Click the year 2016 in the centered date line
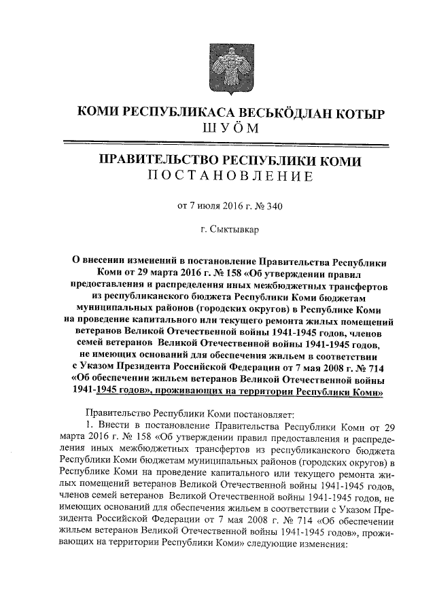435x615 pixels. (x=229, y=205)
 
